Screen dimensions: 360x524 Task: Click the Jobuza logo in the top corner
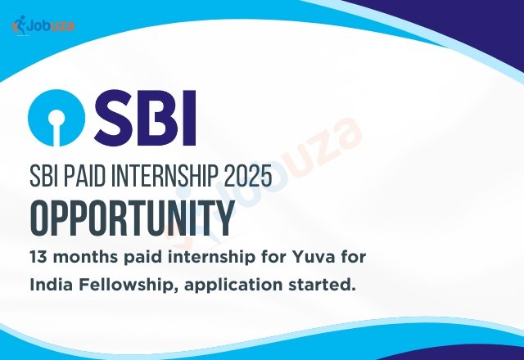[x=43, y=25]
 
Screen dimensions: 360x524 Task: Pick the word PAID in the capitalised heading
[x=88, y=174]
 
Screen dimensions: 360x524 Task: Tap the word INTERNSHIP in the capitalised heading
[x=160, y=174]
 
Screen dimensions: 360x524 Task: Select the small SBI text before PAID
[x=44, y=174]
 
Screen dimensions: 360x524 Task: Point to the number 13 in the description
[x=38, y=259]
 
